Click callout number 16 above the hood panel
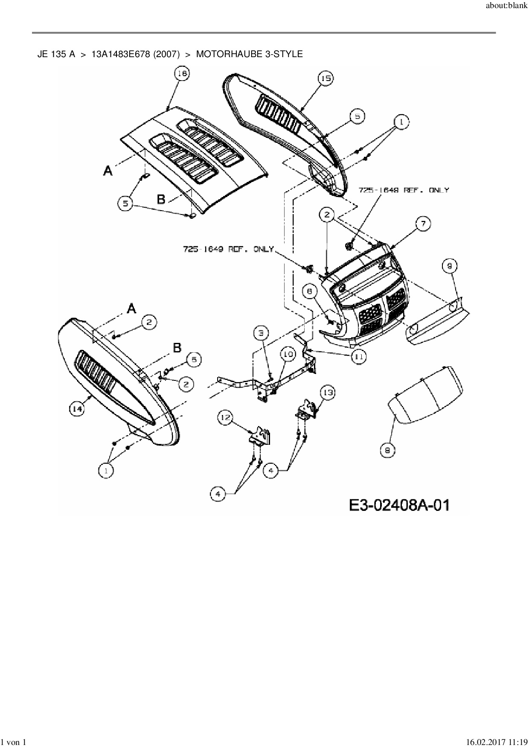click(x=182, y=74)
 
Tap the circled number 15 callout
click(x=326, y=78)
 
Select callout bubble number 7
click(x=423, y=223)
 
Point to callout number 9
click(x=450, y=266)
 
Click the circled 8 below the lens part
click(x=387, y=450)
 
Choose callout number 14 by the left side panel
click(x=77, y=409)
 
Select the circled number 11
click(x=358, y=357)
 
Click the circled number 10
click(x=288, y=354)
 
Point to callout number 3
click(x=262, y=332)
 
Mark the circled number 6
click(x=310, y=291)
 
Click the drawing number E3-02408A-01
click(x=399, y=505)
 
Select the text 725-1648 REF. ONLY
click(x=403, y=190)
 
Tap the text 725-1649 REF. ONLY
click(x=228, y=249)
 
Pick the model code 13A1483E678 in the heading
click(x=117, y=54)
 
